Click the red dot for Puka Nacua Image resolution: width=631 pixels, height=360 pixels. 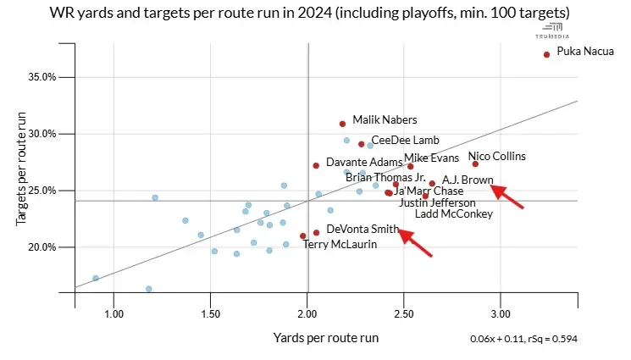(x=546, y=54)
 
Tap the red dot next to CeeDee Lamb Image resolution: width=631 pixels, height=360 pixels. (x=362, y=144)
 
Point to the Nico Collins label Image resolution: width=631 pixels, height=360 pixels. (x=497, y=157)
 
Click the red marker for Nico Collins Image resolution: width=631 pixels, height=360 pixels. (x=475, y=164)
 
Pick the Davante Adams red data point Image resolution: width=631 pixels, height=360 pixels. (x=316, y=166)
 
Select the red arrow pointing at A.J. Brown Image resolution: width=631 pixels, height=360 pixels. (x=508, y=197)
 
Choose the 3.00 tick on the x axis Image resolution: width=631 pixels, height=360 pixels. (x=501, y=313)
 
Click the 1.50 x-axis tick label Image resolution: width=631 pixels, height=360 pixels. (x=210, y=313)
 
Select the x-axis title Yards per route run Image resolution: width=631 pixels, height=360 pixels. (x=325, y=338)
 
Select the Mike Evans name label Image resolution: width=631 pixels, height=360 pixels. (x=432, y=158)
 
